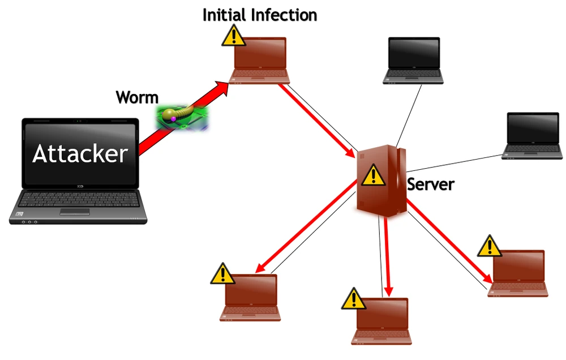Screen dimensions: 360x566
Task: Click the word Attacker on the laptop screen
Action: point(80,153)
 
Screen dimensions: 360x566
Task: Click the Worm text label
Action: point(137,97)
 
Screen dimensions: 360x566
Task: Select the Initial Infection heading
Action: point(260,15)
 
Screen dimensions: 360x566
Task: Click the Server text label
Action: point(431,184)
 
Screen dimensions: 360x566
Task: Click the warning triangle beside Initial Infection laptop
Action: point(233,36)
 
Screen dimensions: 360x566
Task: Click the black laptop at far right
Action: point(533,136)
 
